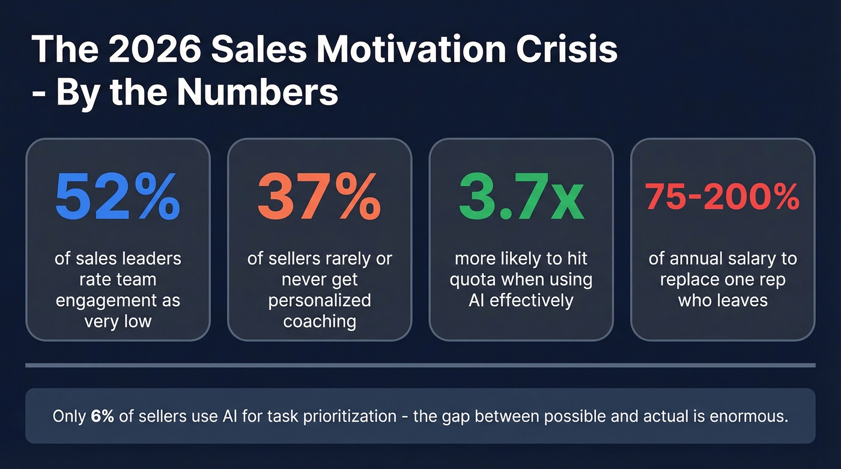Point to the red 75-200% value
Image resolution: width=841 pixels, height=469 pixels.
(x=722, y=197)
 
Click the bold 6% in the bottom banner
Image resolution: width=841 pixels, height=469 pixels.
(x=102, y=416)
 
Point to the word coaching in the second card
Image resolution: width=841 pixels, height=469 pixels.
(x=320, y=321)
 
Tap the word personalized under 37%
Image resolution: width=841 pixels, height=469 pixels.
(x=320, y=300)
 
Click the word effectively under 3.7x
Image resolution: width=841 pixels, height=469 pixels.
(x=538, y=300)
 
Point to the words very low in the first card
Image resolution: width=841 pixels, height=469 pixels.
(x=118, y=321)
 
